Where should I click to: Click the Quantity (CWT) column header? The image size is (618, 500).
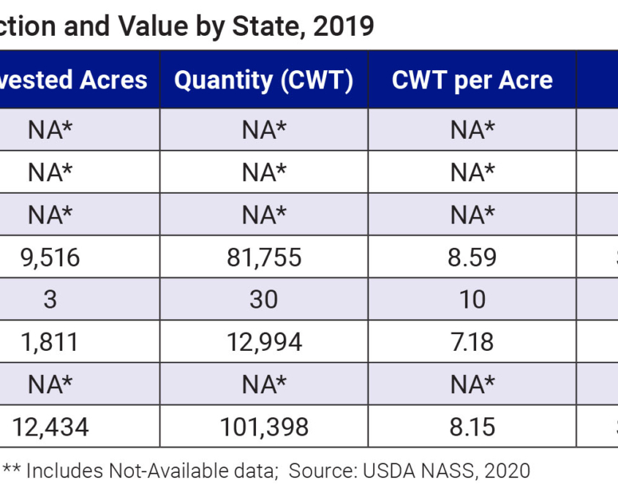point(263,80)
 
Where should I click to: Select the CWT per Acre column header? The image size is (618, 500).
point(472,80)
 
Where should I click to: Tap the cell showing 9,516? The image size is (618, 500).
point(50,257)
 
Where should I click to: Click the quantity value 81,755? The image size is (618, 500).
point(263,257)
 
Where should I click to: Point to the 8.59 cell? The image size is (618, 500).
point(472,257)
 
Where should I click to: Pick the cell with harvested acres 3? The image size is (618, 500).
point(50,299)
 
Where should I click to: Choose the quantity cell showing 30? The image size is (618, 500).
point(263,299)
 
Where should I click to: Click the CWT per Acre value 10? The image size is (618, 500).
point(472,299)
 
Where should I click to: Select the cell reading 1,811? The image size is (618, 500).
point(50,341)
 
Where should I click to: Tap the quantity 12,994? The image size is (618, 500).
point(263,341)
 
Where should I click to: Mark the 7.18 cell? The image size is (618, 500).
point(472,341)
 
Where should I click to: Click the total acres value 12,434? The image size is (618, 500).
point(50,426)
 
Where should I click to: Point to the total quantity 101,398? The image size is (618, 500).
point(263,426)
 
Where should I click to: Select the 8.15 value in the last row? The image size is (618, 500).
point(472,426)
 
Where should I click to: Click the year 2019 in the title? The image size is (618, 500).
point(343,26)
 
